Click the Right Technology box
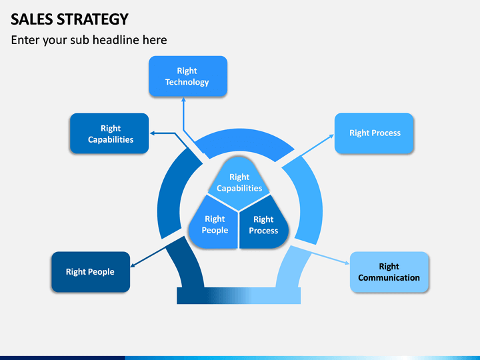(188, 76)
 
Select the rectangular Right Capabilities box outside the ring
(109, 133)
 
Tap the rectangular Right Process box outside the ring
(374, 133)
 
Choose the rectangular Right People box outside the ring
(91, 272)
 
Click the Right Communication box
(389, 272)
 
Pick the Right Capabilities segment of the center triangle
(239, 183)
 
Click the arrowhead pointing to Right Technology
(183, 99)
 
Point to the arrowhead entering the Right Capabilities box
(152, 133)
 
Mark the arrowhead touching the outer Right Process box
(331, 136)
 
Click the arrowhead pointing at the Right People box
(133, 265)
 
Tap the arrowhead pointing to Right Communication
(347, 263)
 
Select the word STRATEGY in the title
(93, 19)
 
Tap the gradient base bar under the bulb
(239, 296)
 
